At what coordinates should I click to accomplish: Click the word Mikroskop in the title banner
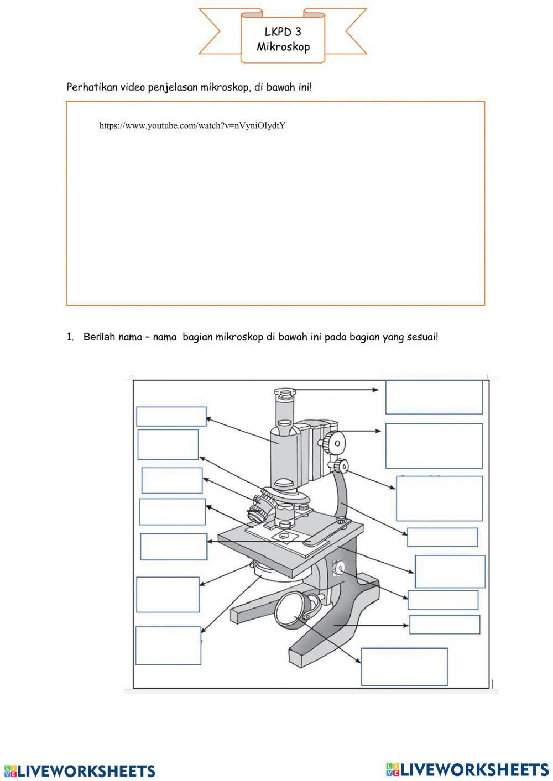283,47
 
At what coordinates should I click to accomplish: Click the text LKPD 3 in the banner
283,32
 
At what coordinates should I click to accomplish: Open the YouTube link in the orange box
192,125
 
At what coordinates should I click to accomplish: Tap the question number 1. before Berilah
70,337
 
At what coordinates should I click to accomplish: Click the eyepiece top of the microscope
285,394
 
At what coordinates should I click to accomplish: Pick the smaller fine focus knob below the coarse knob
341,466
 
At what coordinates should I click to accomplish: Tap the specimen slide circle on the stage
284,536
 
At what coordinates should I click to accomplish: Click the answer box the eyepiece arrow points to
434,397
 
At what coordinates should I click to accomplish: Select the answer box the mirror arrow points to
404,667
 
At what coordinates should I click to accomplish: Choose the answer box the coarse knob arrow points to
434,445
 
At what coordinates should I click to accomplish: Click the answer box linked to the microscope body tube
171,417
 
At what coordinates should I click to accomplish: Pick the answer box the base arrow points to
444,625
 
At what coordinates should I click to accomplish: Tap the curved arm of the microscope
342,492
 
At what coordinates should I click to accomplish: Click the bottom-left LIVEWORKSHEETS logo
80,770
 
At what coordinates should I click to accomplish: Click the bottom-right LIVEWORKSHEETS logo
467,769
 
